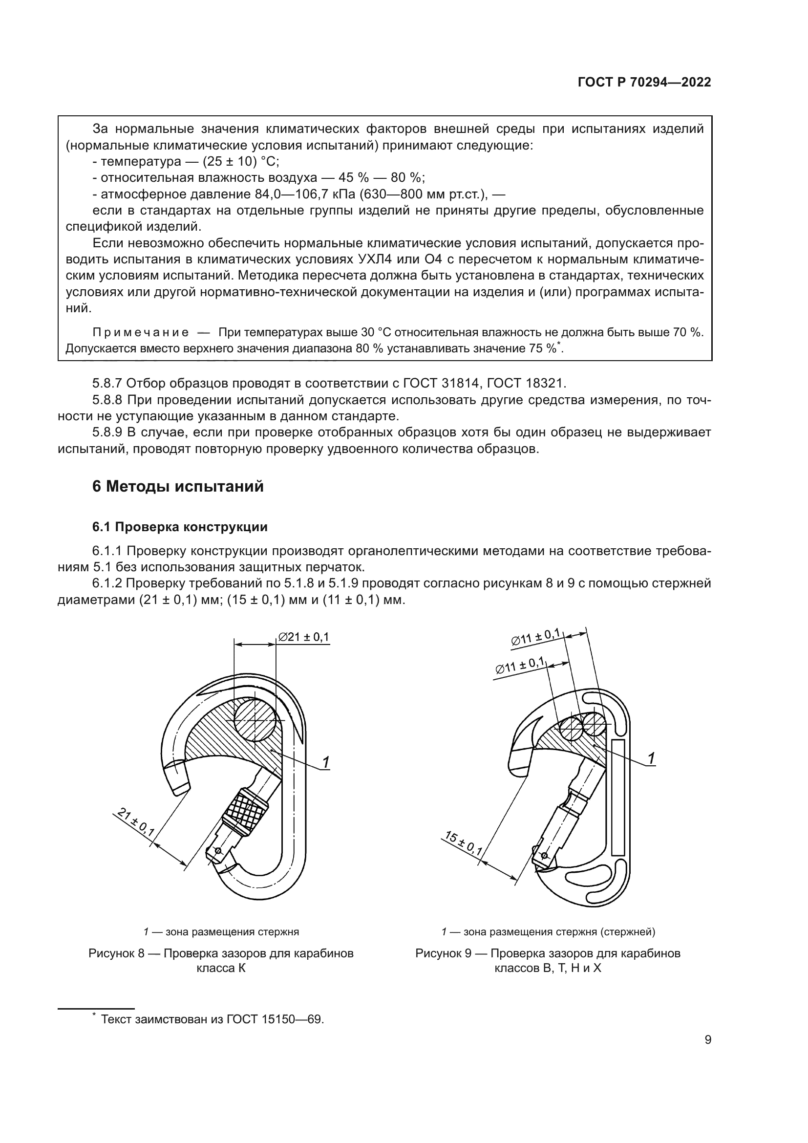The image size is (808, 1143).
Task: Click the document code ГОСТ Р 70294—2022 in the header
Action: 644,83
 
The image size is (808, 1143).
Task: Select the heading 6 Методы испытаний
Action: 178,486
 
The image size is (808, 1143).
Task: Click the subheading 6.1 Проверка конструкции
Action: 180,527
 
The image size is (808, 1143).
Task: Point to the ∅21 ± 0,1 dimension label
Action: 303,637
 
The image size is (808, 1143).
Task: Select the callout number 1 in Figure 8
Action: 325,762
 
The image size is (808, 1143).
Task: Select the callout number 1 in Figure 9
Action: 651,758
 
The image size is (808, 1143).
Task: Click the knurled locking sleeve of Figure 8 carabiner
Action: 245,810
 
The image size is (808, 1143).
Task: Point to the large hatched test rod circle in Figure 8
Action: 254,720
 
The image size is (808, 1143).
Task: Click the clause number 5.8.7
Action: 107,383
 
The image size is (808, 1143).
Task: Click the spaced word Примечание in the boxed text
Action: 141,332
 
